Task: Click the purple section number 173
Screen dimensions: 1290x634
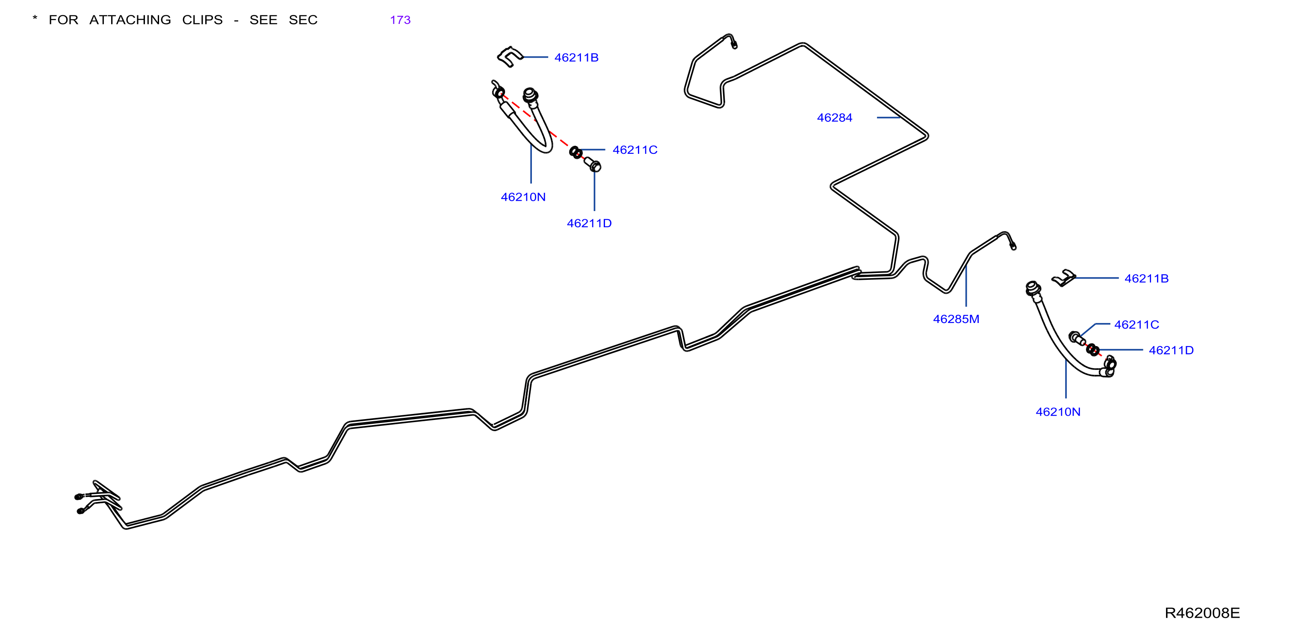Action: click(x=400, y=20)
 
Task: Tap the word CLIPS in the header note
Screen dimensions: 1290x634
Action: click(x=202, y=20)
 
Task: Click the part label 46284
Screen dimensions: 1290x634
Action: click(x=834, y=117)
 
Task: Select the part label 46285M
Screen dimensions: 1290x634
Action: click(x=956, y=319)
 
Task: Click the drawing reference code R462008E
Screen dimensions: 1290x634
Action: click(x=1202, y=613)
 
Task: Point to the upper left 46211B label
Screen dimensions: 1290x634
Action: click(x=576, y=58)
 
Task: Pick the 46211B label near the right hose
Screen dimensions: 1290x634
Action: click(x=1146, y=278)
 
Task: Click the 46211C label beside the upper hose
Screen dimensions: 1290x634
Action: click(x=635, y=150)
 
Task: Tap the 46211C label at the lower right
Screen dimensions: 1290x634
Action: click(x=1136, y=324)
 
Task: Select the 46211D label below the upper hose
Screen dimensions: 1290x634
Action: click(x=589, y=223)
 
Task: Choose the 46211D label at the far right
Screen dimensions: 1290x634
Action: click(x=1171, y=350)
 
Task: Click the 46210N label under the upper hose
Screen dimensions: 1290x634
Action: click(x=523, y=197)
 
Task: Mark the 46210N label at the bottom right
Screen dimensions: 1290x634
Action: click(x=1058, y=412)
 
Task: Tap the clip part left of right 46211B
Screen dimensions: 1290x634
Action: click(x=1064, y=278)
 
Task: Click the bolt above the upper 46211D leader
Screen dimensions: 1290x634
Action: click(x=593, y=164)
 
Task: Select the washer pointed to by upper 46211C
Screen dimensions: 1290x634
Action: click(x=576, y=152)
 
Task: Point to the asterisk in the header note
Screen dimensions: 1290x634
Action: click(x=35, y=18)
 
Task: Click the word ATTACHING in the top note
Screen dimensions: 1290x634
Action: click(x=130, y=20)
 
